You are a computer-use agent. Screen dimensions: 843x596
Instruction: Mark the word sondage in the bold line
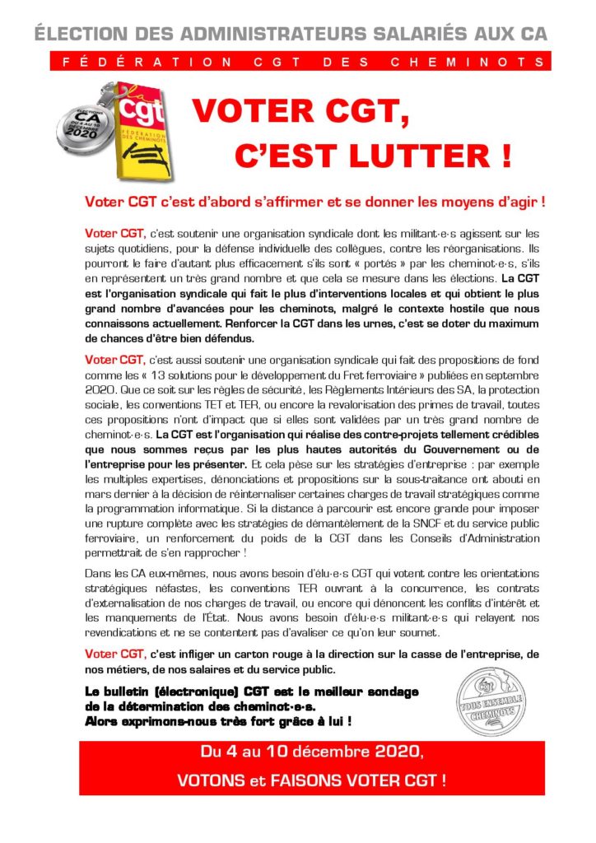389,692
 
